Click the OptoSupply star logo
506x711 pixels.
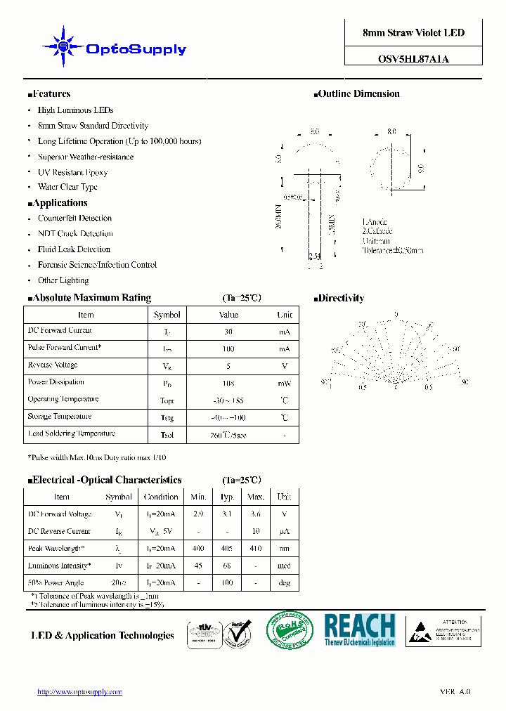(63, 46)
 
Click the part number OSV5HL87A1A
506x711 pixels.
(413, 59)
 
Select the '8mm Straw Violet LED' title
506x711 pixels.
(413, 32)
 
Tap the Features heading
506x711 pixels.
(49, 93)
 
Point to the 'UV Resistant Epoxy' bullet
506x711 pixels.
(72, 172)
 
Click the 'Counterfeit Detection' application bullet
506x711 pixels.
(74, 218)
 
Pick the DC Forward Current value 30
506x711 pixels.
(228, 332)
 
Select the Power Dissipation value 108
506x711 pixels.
(228, 384)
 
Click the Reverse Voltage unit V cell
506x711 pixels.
(285, 366)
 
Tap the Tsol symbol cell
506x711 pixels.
(167, 435)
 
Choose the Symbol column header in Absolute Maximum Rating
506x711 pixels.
(167, 315)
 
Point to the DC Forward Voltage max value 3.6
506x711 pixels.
(257, 514)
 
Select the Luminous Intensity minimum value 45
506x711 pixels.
(198, 566)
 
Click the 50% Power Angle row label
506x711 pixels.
(56, 582)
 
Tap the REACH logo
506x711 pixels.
(360, 630)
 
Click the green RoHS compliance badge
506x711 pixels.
(290, 630)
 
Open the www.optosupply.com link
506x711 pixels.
(79, 692)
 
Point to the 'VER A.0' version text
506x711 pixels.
(455, 692)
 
